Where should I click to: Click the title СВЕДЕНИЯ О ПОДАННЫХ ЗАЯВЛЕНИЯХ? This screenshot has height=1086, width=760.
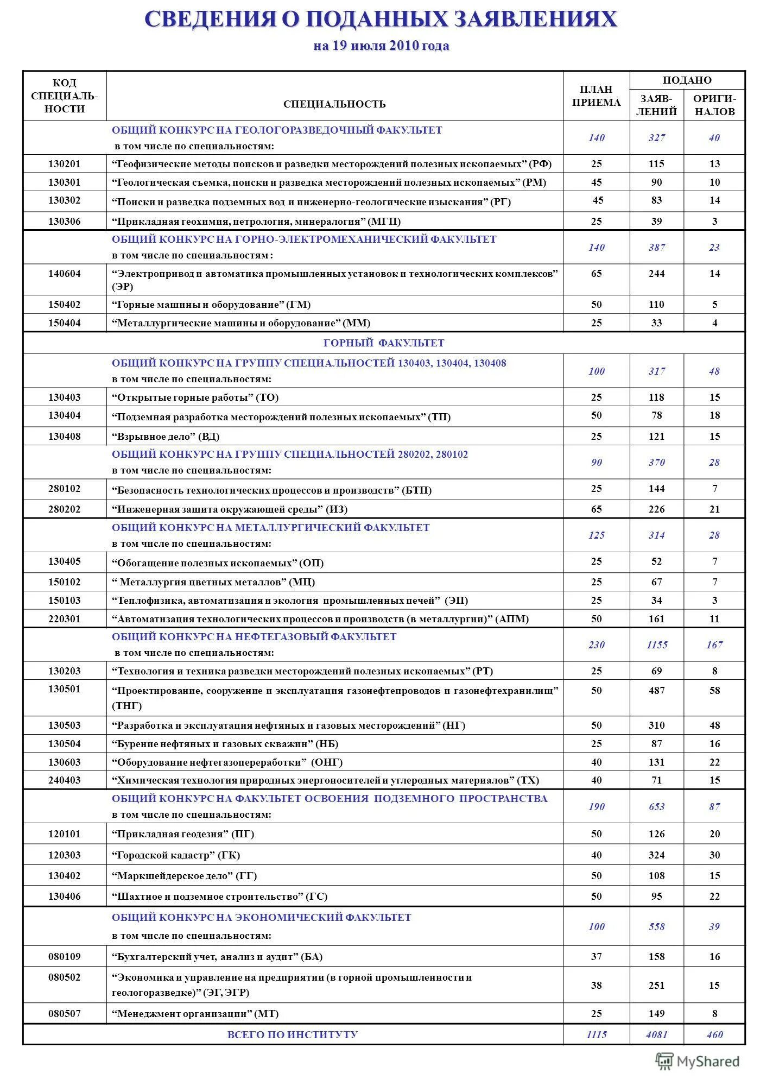381,20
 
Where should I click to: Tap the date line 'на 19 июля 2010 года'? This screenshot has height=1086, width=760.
381,46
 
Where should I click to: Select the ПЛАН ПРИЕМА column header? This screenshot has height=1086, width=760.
596,96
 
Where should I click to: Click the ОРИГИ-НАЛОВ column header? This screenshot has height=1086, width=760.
714,105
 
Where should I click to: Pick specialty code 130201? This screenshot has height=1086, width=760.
64,164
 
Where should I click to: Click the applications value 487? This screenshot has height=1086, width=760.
656,691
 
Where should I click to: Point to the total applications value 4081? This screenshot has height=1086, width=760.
656,1034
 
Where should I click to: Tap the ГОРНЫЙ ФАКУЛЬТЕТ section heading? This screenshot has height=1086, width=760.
384,343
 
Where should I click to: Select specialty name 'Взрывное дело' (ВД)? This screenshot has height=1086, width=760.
166,437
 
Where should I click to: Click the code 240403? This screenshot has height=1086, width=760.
64,780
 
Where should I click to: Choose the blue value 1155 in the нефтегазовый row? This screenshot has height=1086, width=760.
656,645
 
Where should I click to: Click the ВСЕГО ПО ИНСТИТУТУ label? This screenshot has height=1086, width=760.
292,1034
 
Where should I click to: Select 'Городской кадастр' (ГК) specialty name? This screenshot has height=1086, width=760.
176,855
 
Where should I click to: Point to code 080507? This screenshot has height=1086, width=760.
64,1014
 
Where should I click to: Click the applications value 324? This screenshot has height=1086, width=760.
656,855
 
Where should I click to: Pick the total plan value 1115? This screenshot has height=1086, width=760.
596,1034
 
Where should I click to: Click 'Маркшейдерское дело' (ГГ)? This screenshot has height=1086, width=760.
184,876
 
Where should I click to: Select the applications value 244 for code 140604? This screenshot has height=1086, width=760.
656,274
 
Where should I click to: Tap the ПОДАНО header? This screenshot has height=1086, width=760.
687,80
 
